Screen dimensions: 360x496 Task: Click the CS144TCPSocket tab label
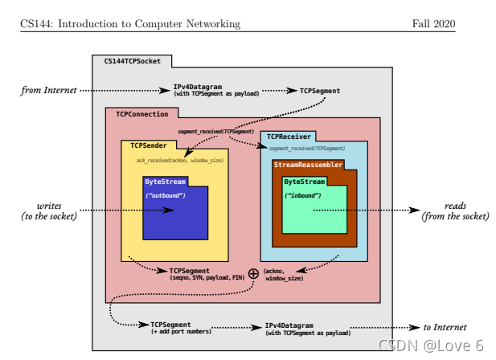point(132,61)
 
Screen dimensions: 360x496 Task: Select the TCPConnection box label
point(141,114)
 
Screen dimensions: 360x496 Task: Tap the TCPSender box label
point(149,145)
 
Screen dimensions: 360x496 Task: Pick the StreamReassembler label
point(308,165)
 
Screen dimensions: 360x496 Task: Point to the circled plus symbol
point(253,273)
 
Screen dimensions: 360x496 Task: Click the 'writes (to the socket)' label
point(49,211)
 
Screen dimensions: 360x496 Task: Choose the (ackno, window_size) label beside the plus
point(284,274)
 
